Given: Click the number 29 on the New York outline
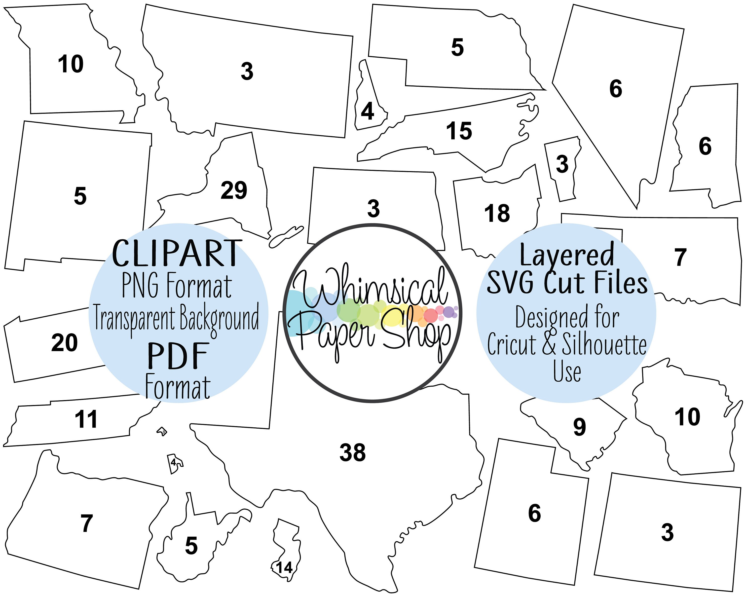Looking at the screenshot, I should tap(234, 190).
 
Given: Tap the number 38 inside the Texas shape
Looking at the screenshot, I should tap(352, 453).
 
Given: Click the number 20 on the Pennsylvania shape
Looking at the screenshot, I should tap(65, 343).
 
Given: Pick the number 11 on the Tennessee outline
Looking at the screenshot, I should tap(86, 419).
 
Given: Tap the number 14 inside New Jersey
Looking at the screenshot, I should tap(284, 568).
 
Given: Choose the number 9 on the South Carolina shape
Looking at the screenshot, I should tap(579, 427).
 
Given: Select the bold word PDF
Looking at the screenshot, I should tap(178, 356).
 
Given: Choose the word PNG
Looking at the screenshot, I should tap(140, 286).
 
